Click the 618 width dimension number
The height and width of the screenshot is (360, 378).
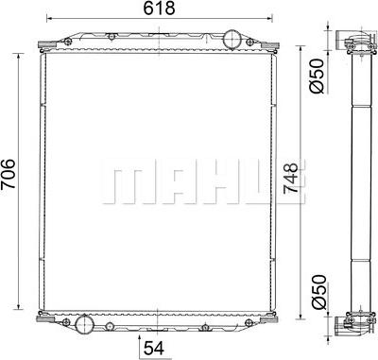pyautogui.click(x=159, y=9)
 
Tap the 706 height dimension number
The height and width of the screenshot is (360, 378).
pyautogui.click(x=9, y=174)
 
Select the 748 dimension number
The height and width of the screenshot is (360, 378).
pyautogui.click(x=290, y=179)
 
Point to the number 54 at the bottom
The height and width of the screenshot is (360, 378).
pyautogui.click(x=154, y=348)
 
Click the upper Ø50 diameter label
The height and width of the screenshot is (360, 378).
pyautogui.click(x=317, y=76)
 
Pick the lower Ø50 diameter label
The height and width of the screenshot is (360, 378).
pyautogui.click(x=318, y=292)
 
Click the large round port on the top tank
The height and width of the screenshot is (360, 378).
pyautogui.click(x=232, y=39)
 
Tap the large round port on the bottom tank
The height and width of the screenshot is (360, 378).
pyautogui.click(x=84, y=324)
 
